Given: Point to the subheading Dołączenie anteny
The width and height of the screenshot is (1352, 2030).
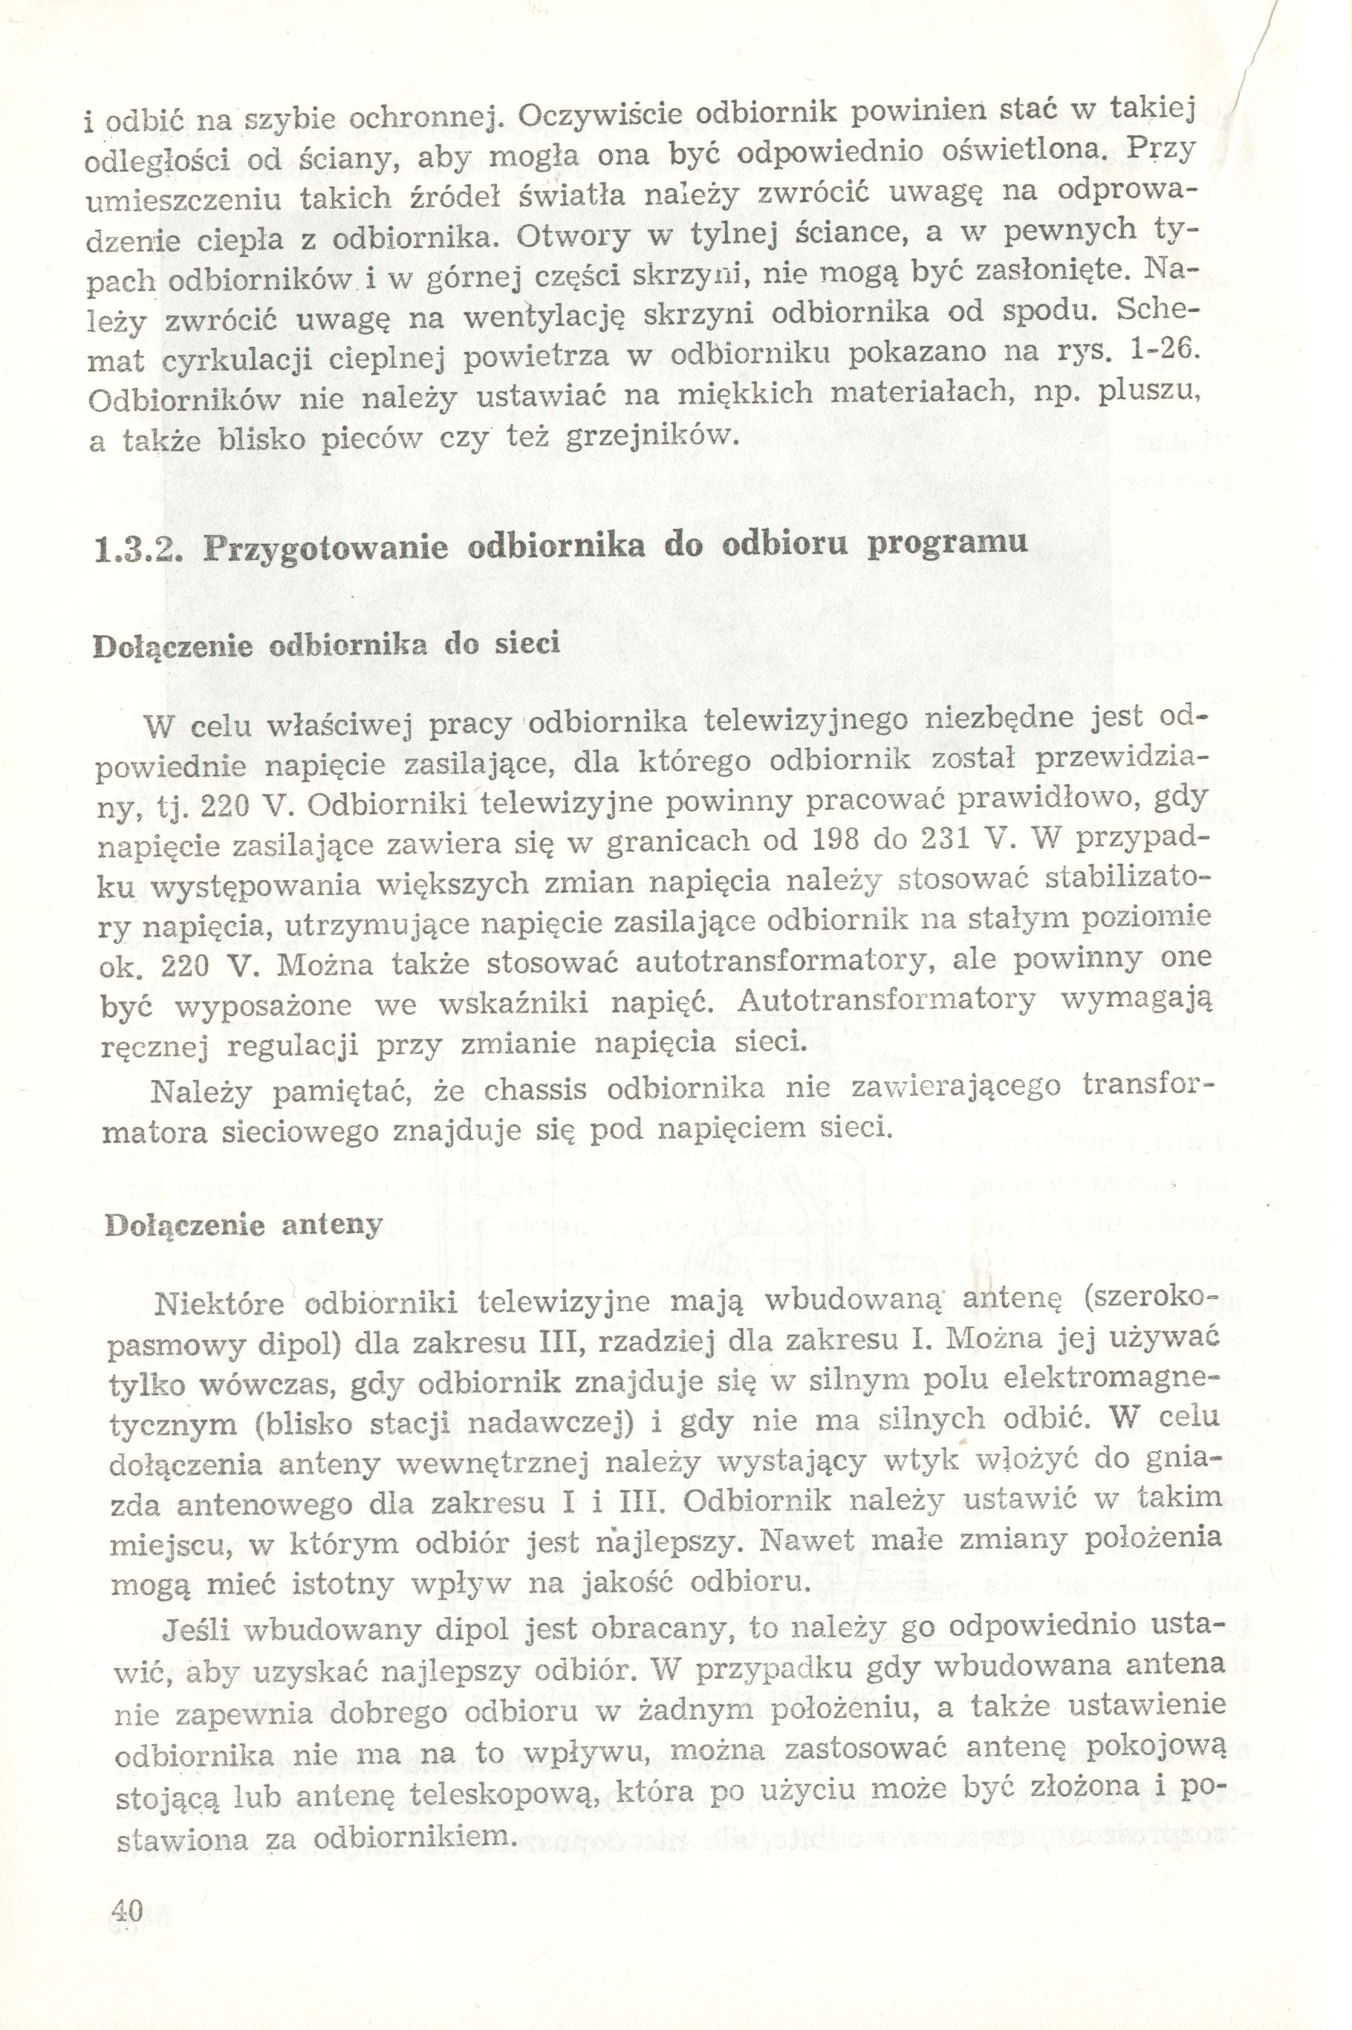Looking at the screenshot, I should pyautogui.click(x=243, y=1226).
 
